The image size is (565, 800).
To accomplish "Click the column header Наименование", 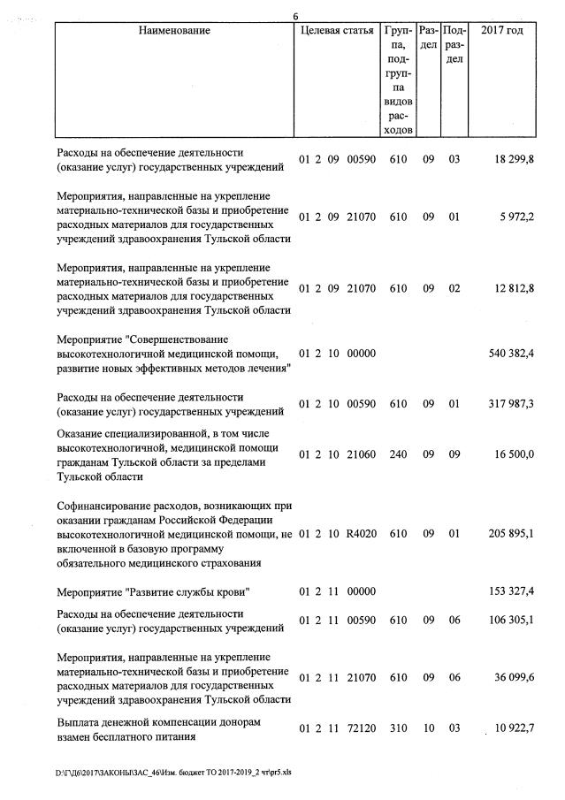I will pyautogui.click(x=174, y=31).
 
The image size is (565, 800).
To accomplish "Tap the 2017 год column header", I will pyautogui.click(x=501, y=31).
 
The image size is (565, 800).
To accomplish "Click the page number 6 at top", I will pyautogui.click(x=296, y=15).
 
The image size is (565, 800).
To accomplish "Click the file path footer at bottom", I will pyautogui.click(x=173, y=770).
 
